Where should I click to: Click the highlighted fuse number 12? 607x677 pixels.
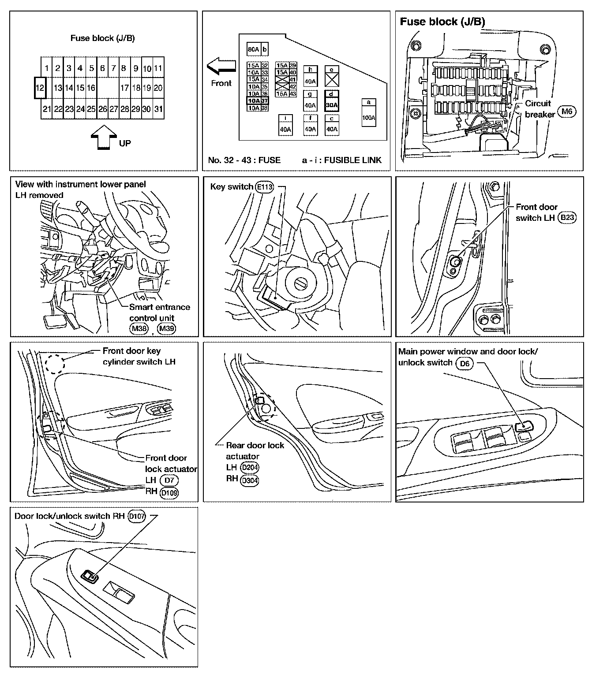pyautogui.click(x=40, y=88)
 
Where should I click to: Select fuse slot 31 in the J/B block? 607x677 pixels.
pyautogui.click(x=158, y=109)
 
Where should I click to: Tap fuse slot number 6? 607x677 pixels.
pyautogui.click(x=102, y=68)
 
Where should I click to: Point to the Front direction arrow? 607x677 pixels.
pyautogui.click(x=221, y=66)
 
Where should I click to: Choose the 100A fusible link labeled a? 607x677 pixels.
pyautogui.click(x=368, y=112)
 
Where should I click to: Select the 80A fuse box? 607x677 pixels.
pyautogui.click(x=253, y=49)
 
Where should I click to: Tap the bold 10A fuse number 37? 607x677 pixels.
pyautogui.click(x=258, y=100)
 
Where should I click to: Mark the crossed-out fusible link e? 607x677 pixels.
pyautogui.click(x=332, y=76)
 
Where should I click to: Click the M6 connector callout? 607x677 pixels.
pyautogui.click(x=567, y=111)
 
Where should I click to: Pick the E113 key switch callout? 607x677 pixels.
pyautogui.click(x=264, y=187)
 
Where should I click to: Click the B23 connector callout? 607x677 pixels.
pyautogui.click(x=567, y=218)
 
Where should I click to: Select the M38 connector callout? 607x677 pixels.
pyautogui.click(x=139, y=328)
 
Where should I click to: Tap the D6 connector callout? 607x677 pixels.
pyautogui.click(x=465, y=364)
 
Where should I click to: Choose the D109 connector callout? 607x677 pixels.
pyautogui.click(x=169, y=493)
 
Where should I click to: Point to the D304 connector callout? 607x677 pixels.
pyautogui.click(x=250, y=481)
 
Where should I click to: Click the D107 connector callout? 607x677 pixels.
pyautogui.click(x=137, y=516)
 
